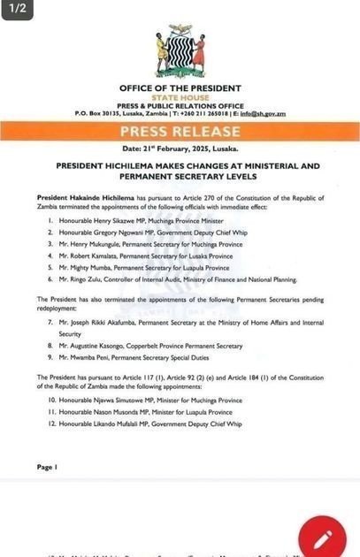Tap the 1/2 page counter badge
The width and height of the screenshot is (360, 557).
tap(19, 11)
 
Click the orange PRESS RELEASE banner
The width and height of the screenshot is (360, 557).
tap(180, 133)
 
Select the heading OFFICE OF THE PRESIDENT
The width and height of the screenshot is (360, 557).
tap(180, 88)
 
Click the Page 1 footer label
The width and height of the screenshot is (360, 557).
tap(47, 467)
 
